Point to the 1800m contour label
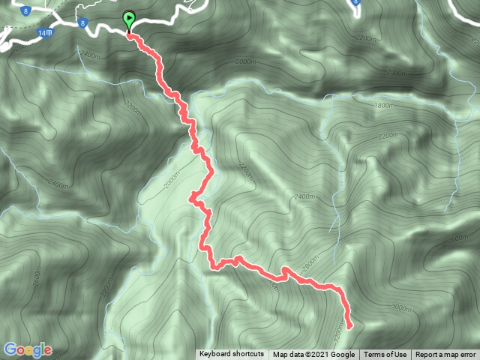click(x=383, y=106)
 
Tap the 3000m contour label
click(x=400, y=307)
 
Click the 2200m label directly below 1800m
click(x=388, y=136)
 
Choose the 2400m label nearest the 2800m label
click(x=304, y=196)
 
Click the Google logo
click(x=28, y=349)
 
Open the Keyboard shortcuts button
click(x=231, y=354)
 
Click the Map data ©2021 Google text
click(x=313, y=355)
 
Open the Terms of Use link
click(x=385, y=355)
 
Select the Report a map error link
click(x=445, y=355)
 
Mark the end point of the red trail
click(x=349, y=325)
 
